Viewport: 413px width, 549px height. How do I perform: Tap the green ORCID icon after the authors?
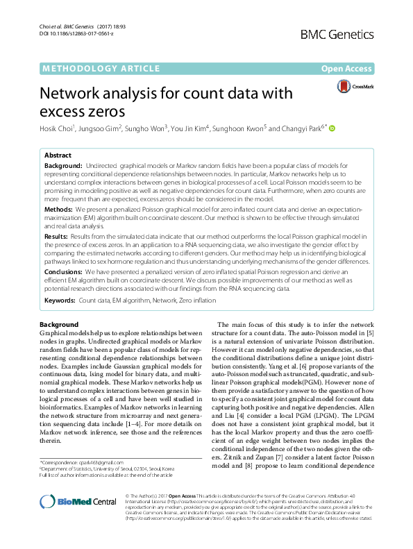point(332,128)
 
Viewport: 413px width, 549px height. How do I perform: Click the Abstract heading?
point(58,155)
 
